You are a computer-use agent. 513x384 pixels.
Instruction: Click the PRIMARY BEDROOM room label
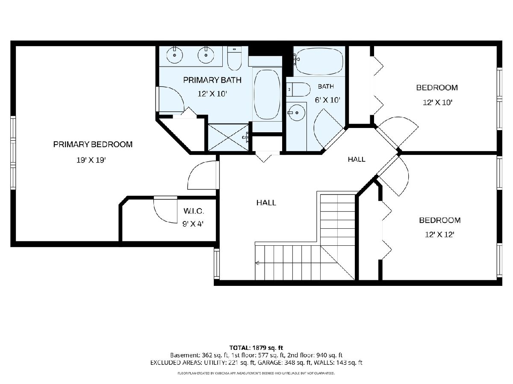pyautogui.click(x=93, y=145)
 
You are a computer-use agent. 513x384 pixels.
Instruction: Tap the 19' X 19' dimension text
pyautogui.click(x=91, y=160)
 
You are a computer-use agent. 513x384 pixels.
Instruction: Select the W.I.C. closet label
pyautogui.click(x=194, y=211)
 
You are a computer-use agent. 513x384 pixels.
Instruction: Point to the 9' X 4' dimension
pyautogui.click(x=193, y=224)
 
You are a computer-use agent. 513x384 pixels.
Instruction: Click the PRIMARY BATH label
pyautogui.click(x=212, y=80)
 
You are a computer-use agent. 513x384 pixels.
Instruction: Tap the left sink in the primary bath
pyautogui.click(x=174, y=55)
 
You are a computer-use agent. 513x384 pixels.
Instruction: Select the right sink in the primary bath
pyautogui.click(x=206, y=55)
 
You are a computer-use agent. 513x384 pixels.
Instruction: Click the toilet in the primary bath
pyautogui.click(x=234, y=58)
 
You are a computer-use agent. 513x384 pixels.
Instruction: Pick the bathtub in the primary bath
pyautogui.click(x=267, y=94)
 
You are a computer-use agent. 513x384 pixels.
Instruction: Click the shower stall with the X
pyautogui.click(x=228, y=137)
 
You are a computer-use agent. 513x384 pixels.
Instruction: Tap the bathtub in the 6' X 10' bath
pyautogui.click(x=319, y=61)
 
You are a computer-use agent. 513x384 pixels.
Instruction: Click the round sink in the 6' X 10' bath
pyautogui.click(x=297, y=113)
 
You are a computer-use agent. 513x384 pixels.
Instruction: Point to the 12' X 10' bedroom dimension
pyautogui.click(x=437, y=102)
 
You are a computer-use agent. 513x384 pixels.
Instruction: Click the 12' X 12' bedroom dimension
pyautogui.click(x=439, y=234)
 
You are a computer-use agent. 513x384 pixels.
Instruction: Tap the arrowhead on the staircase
pyautogui.click(x=257, y=263)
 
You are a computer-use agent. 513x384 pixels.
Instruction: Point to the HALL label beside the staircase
pyautogui.click(x=266, y=203)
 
